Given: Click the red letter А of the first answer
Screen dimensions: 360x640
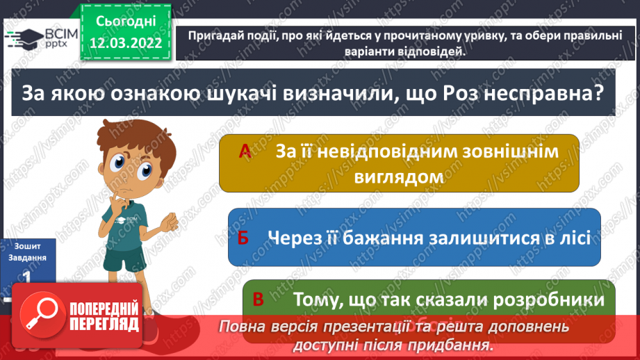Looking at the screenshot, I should [x=245, y=152].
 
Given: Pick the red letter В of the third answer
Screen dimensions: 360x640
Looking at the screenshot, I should [x=259, y=300].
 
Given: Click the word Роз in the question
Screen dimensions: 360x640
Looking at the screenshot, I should [x=459, y=93].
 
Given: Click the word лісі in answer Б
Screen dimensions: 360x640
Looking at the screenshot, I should [x=572, y=238].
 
